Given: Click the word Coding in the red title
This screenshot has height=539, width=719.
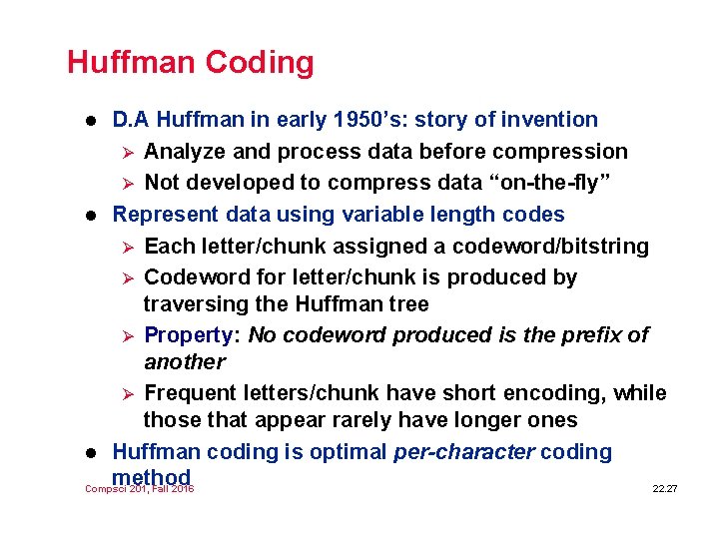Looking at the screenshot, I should (260, 63).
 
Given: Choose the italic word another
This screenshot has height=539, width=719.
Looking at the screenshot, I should (185, 361).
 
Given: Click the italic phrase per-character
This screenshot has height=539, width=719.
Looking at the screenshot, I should (464, 452).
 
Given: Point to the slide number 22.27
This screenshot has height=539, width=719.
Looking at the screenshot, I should (664, 489).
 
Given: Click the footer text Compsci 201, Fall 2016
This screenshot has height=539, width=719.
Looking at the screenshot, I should (139, 489).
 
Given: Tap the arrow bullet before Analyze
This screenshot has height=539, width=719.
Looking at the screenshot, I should (127, 153).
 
